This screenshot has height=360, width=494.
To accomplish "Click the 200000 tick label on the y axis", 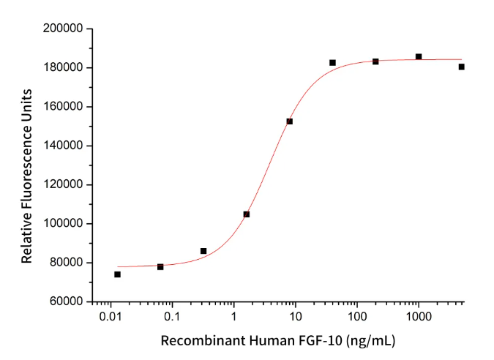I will [x=64, y=29].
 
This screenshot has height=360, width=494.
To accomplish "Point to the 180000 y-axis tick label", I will [x=64, y=68].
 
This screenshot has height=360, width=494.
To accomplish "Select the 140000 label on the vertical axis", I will [x=64, y=107].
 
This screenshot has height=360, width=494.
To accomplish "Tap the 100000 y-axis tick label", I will [x=64, y=224].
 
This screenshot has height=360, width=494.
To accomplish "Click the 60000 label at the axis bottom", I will [x=67, y=301].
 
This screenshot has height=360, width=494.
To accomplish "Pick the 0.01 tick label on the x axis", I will [x=111, y=317].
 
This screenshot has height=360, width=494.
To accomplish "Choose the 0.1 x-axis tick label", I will [x=172, y=317].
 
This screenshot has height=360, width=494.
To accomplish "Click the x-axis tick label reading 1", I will [x=233, y=317].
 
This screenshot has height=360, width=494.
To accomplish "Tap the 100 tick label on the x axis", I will [x=356, y=317].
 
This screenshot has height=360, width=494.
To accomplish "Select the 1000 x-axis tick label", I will [x=418, y=317].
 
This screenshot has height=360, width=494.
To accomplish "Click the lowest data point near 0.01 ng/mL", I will [x=117, y=274].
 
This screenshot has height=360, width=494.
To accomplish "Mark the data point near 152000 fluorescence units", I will [x=290, y=121].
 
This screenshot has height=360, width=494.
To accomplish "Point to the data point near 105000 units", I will [x=247, y=214].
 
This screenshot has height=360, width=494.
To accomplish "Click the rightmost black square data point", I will [x=462, y=67].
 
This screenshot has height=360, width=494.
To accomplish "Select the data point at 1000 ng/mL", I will [x=419, y=56].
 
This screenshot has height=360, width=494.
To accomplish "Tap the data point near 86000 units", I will [x=203, y=251].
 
